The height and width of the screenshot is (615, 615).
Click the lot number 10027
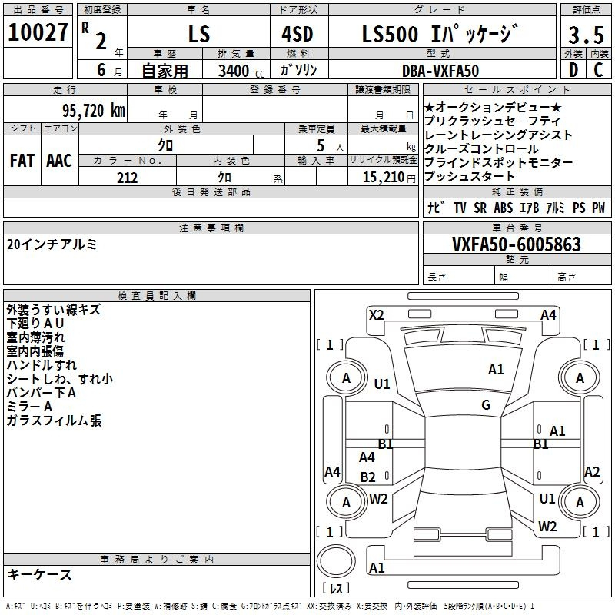38,32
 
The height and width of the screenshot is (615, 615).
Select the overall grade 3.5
586,35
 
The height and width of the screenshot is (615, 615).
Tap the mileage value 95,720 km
93,111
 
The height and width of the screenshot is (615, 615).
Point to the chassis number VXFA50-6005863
516,244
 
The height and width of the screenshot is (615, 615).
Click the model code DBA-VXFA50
440,71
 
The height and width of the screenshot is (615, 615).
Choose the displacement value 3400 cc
241,71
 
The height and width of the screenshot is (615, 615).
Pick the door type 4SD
298,34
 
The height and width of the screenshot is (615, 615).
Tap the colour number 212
127,178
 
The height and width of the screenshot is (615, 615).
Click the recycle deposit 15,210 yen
389,178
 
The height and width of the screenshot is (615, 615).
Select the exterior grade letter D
573,70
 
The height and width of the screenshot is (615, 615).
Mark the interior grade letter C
598,70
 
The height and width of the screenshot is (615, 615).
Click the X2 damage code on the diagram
376,315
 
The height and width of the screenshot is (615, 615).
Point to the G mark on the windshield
486,404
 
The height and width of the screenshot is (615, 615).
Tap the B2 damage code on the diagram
367,477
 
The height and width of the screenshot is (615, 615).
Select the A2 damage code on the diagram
592,471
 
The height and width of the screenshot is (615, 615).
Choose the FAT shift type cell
22,160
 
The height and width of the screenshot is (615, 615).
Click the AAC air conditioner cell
59,160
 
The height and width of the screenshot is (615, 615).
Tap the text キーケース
39,574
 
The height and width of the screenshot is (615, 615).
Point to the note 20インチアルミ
52,244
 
